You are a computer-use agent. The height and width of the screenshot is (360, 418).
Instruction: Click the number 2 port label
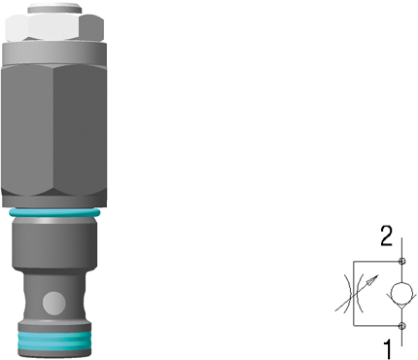[386, 235]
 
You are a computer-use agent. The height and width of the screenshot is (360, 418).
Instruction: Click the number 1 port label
[387, 349]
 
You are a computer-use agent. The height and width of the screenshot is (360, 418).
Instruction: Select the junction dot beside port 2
[401, 261]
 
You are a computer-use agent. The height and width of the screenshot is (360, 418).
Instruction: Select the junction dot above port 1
[401, 326]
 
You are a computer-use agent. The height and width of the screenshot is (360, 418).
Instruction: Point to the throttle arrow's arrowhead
[373, 279]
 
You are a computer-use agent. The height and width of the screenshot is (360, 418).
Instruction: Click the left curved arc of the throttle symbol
[346, 293]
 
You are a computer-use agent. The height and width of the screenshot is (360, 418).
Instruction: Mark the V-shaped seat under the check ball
[401, 301]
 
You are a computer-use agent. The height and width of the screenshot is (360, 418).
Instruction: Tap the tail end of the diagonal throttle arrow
[335, 311]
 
